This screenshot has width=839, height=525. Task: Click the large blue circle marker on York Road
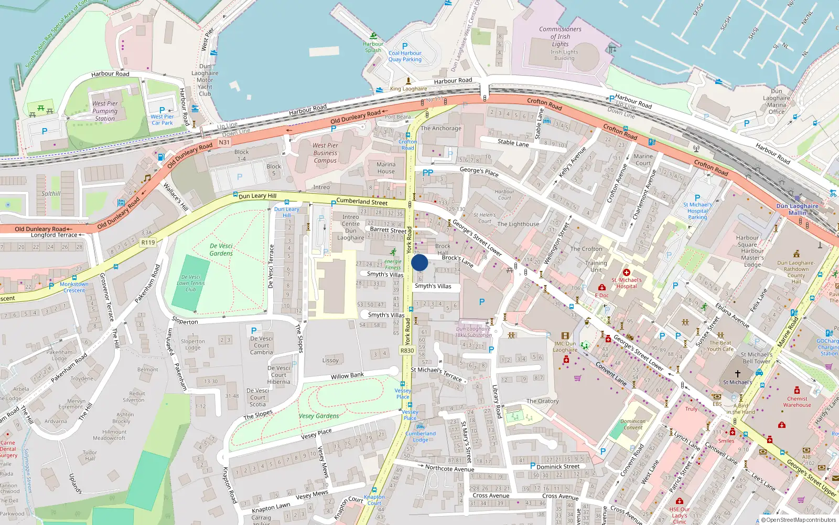(419, 262)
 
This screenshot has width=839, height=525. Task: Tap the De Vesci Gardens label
(221, 249)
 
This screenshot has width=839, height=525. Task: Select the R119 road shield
(148, 243)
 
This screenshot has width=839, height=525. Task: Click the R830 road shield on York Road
(407, 350)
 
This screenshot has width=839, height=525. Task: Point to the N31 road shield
(224, 142)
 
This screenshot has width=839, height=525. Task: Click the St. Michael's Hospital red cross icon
(626, 272)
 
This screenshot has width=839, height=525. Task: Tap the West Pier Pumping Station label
(105, 111)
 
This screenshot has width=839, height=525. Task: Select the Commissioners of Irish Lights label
(560, 37)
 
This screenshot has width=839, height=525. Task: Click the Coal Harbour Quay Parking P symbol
(404, 46)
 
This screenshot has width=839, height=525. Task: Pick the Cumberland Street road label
(362, 202)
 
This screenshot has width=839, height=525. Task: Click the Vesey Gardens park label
(319, 416)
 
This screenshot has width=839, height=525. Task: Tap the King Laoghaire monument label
(408, 89)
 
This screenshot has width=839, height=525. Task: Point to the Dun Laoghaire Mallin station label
(797, 209)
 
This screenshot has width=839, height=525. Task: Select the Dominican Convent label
(633, 424)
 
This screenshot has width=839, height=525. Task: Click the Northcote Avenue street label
(449, 468)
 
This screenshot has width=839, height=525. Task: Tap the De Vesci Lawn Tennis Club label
(190, 283)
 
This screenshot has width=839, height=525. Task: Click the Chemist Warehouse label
(797, 402)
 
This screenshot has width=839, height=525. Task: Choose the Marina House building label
(385, 168)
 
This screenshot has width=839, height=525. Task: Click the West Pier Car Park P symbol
(162, 110)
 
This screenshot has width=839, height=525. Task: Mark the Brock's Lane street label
(457, 260)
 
